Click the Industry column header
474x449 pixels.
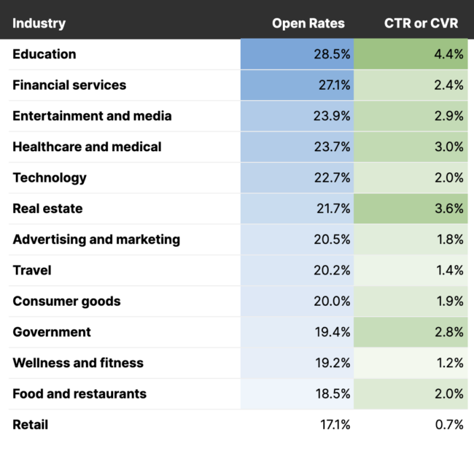[39, 23]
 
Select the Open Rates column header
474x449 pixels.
[308, 23]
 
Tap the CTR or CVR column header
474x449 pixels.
[421, 23]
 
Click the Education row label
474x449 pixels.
[44, 54]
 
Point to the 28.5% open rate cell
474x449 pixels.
[333, 55]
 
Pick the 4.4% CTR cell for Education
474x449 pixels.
[448, 55]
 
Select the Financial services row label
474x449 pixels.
[69, 85]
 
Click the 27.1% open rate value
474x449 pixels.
[333, 85]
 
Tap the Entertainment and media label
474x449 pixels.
[92, 116]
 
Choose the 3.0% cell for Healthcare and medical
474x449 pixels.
[448, 147]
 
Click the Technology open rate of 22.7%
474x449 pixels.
[333, 178]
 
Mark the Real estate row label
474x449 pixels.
[47, 209]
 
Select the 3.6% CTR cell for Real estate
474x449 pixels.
[448, 209]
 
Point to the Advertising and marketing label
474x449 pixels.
[96, 239]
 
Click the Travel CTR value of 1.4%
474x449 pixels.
[448, 271]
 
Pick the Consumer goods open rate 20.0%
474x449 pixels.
[333, 302]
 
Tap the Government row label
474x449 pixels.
[52, 332]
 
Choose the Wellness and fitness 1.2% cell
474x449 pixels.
[448, 363]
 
